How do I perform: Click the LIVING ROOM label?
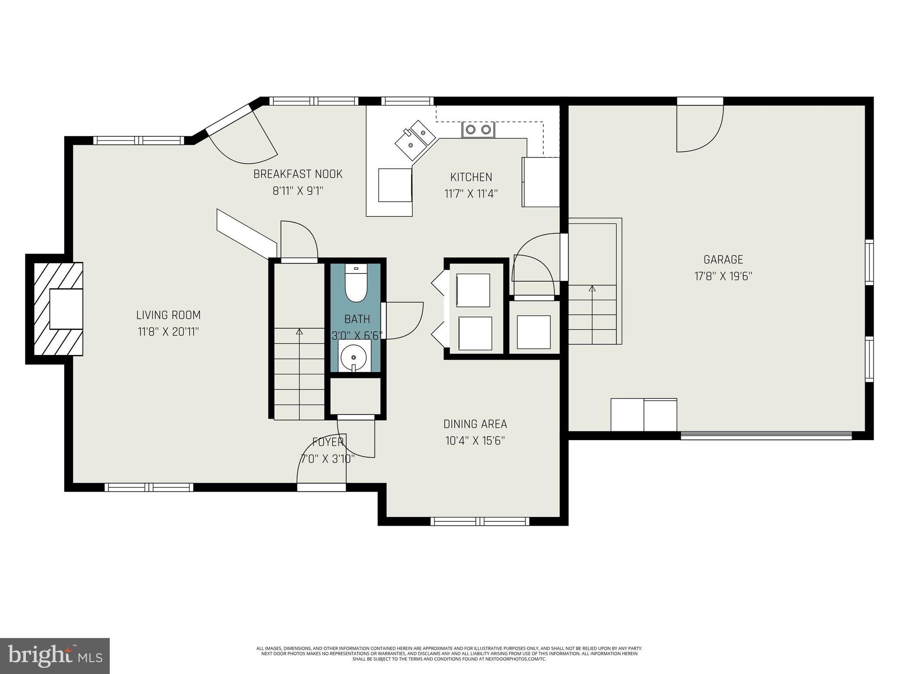pyautogui.click(x=168, y=315)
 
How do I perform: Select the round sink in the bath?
pyautogui.click(x=353, y=356)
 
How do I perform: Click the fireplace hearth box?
pyautogui.click(x=66, y=309)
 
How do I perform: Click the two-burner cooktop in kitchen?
pyautogui.click(x=478, y=129)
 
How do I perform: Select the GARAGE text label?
pyautogui.click(x=723, y=260)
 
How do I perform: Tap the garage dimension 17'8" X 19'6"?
pyautogui.click(x=723, y=276)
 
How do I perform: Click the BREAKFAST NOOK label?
pyautogui.click(x=298, y=174)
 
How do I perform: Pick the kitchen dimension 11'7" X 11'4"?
pyautogui.click(x=471, y=194)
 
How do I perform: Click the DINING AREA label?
pyautogui.click(x=475, y=424)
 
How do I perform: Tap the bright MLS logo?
pyautogui.click(x=55, y=656)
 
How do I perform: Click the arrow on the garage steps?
pyautogui.click(x=592, y=289)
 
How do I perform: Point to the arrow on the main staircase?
pyautogui.click(x=299, y=332)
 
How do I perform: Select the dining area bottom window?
pyautogui.click(x=479, y=521)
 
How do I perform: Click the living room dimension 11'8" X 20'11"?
pyautogui.click(x=168, y=332)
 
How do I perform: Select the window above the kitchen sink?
pyautogui.click(x=407, y=101)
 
